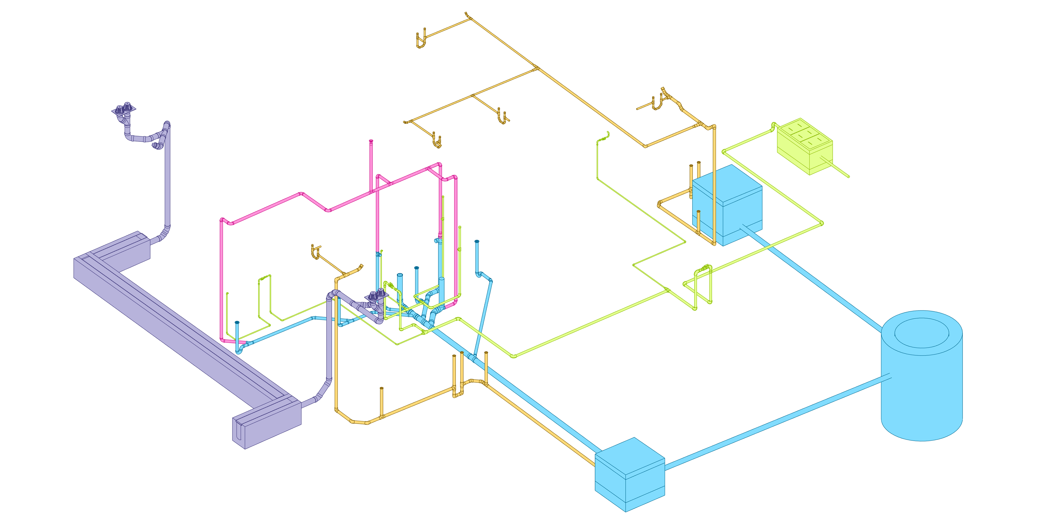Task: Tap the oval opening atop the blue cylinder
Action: [x=921, y=333]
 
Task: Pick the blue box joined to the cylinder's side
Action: [x=629, y=477]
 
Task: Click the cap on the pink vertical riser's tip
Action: [x=371, y=141]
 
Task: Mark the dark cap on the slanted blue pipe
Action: [x=477, y=241]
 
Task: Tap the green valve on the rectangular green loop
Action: [x=703, y=269]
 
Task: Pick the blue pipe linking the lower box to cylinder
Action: [x=776, y=420]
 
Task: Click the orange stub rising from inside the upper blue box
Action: [x=698, y=222]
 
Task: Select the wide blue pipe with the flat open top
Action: [x=400, y=286]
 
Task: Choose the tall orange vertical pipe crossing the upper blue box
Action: [x=714, y=184]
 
